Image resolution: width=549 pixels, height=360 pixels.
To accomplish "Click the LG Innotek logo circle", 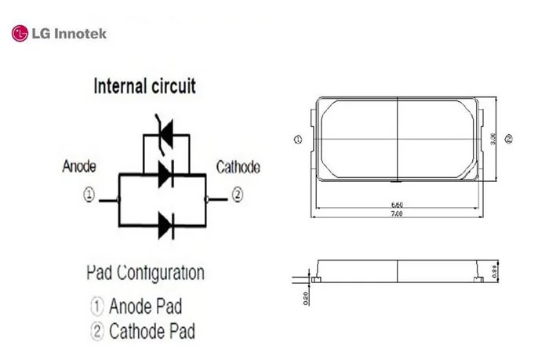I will click(19, 33).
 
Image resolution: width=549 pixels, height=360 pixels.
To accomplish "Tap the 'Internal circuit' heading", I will click(145, 85).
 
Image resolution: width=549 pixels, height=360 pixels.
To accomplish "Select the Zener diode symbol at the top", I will click(165, 136).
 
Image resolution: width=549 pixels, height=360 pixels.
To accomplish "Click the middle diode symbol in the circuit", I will click(165, 174).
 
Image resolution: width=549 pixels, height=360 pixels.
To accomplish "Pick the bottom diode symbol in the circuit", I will click(165, 225).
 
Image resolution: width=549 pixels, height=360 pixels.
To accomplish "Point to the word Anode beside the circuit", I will click(79, 166).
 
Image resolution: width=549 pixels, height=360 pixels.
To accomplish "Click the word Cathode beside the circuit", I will click(238, 167).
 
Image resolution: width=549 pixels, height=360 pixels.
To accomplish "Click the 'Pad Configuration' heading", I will click(145, 274).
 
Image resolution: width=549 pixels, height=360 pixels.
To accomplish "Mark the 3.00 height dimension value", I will click(493, 139).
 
